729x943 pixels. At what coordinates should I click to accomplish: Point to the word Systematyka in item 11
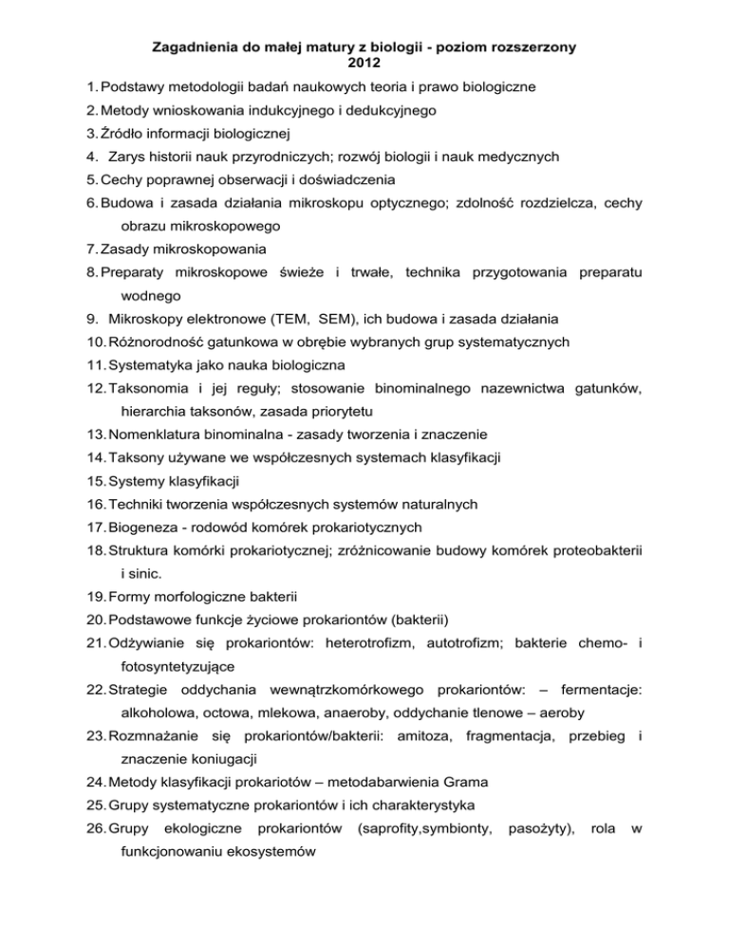159,364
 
